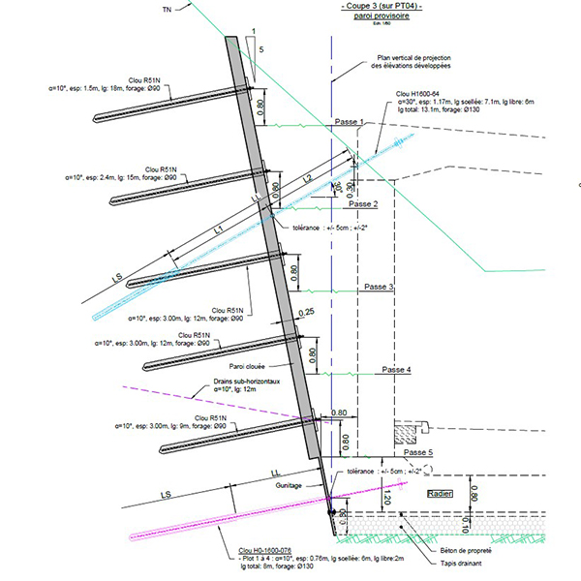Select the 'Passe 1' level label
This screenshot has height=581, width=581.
pos(349,123)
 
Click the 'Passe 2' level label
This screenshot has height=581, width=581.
pos(362,205)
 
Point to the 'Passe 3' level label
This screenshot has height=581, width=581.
pos(379,288)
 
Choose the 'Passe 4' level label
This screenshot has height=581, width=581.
pos(396,371)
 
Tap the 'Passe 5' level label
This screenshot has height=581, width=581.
pos(418,453)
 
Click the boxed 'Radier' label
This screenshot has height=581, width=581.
pos(442,493)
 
